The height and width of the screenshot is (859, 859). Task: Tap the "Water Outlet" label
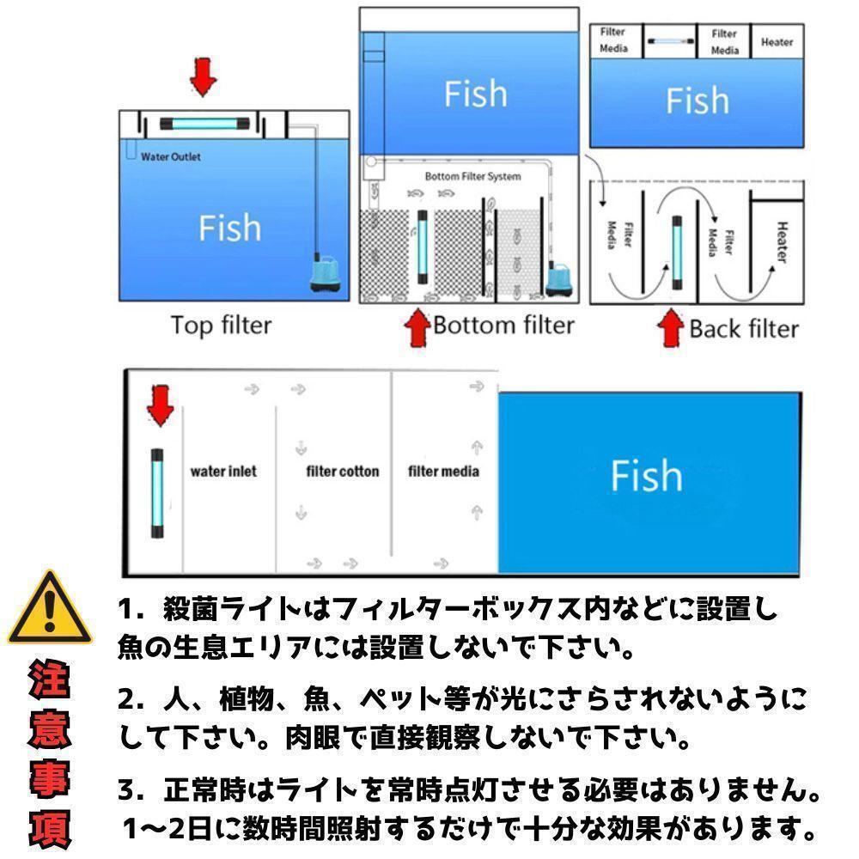click(170, 156)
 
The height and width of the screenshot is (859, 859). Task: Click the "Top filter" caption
click(221, 326)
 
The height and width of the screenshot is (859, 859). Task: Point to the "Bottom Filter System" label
click(472, 176)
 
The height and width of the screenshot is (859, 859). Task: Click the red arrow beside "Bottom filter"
click(417, 327)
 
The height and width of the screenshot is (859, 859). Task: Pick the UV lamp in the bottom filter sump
click(423, 247)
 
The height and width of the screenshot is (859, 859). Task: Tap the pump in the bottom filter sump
click(559, 280)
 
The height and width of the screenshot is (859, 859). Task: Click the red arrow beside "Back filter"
click(671, 328)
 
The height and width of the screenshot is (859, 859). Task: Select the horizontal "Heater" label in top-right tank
click(777, 42)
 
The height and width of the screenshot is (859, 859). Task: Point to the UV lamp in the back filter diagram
click(677, 253)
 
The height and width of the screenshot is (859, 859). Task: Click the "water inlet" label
click(223, 471)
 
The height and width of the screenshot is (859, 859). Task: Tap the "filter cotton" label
click(343, 471)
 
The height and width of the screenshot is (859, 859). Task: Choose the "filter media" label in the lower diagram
click(443, 471)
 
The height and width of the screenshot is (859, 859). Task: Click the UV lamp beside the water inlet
click(157, 493)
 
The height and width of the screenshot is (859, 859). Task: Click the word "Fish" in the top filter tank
click(229, 228)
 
